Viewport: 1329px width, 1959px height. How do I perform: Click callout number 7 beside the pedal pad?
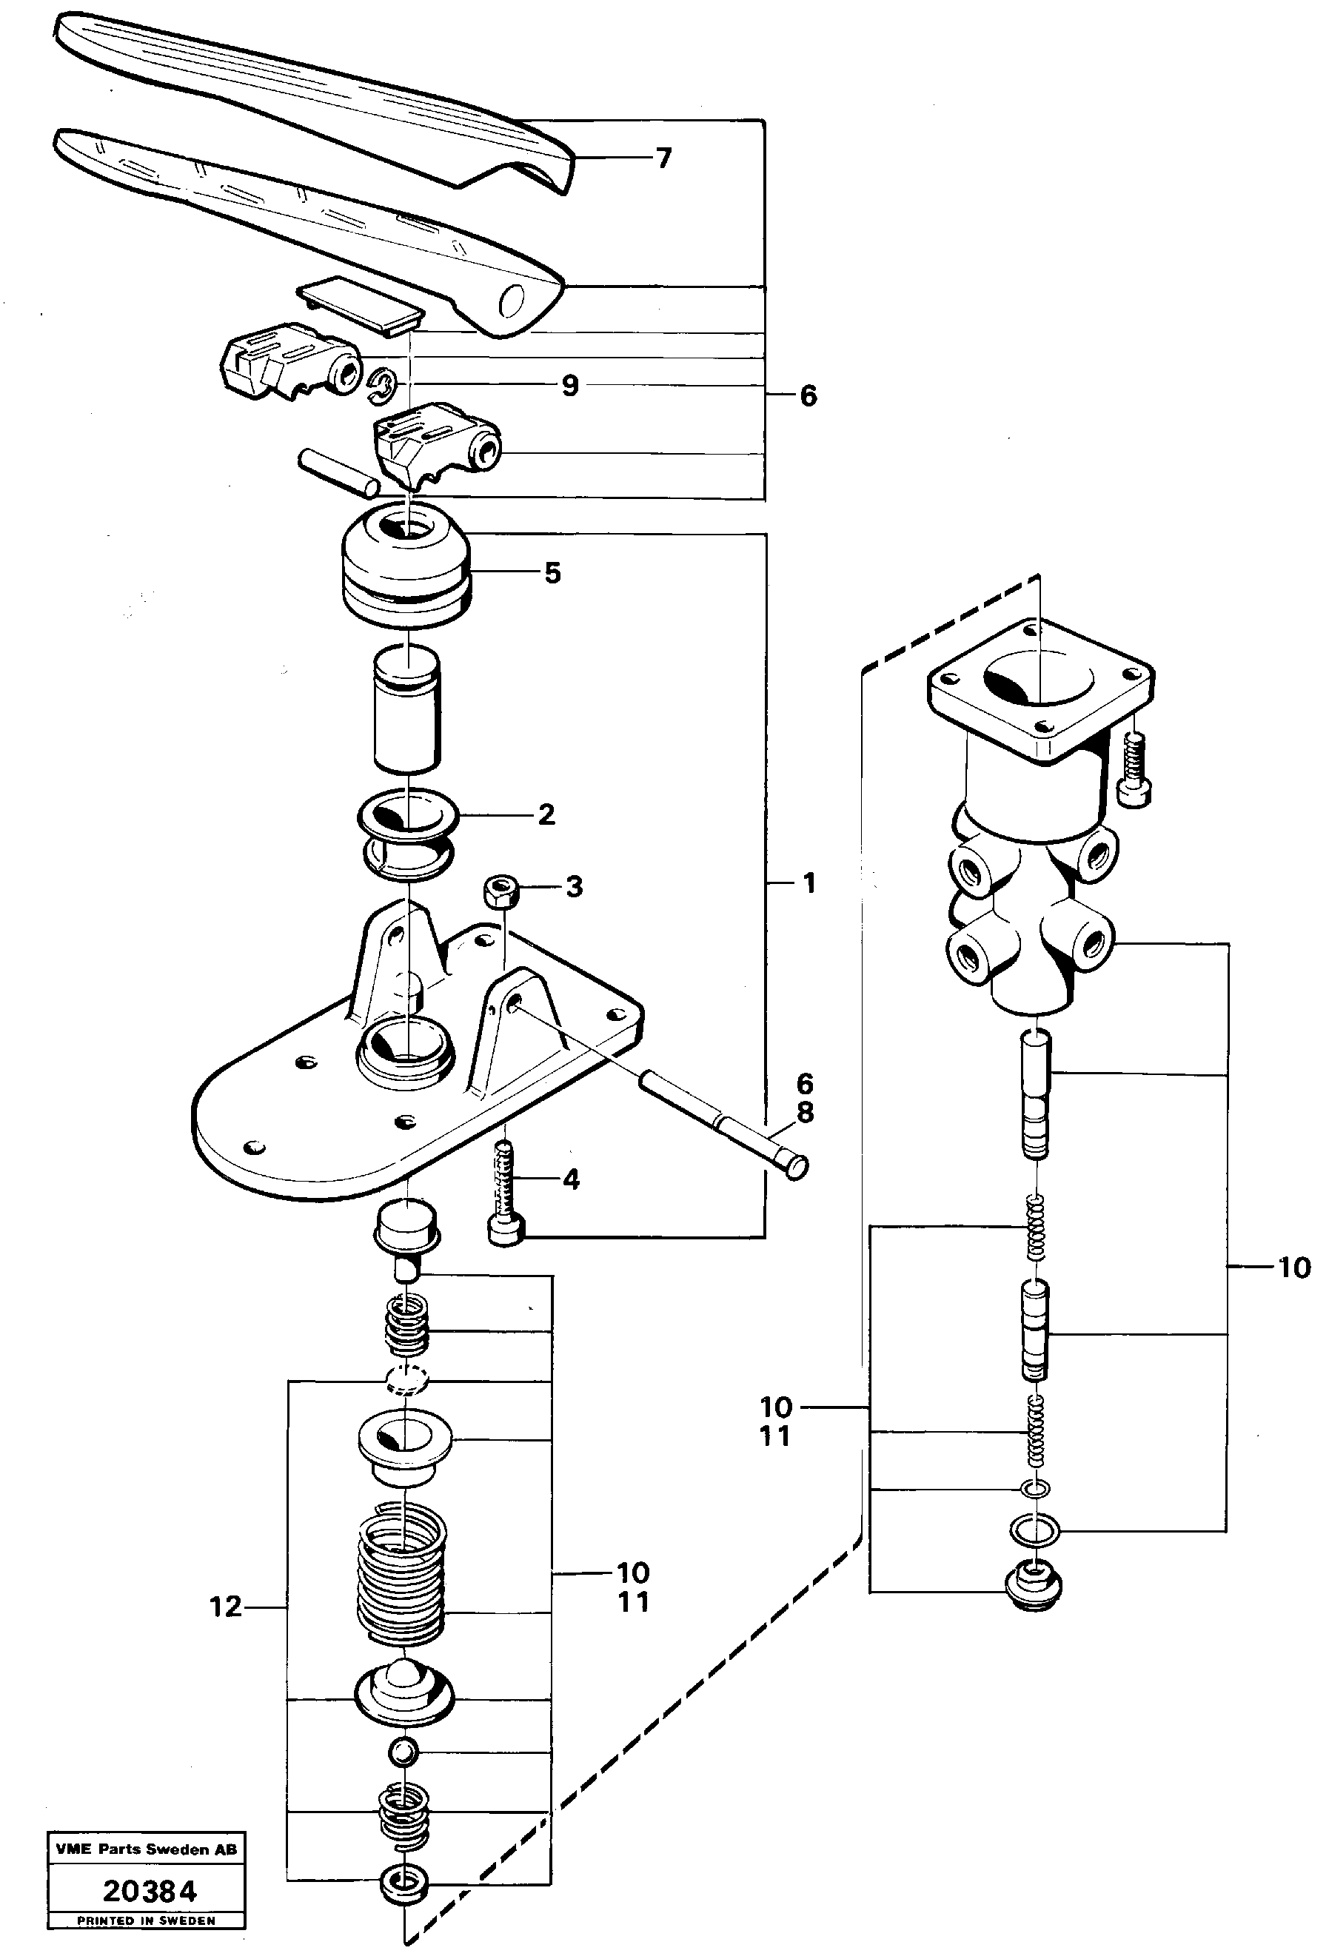tap(663, 158)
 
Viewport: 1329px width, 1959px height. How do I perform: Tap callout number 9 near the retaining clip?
tap(571, 385)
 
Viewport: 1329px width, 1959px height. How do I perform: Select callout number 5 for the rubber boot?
tap(552, 573)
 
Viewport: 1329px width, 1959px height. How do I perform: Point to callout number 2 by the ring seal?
tap(546, 814)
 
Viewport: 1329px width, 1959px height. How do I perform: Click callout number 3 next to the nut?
tap(574, 886)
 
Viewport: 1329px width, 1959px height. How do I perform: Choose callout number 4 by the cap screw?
tap(571, 1179)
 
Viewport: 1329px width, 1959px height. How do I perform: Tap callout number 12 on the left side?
tap(226, 1607)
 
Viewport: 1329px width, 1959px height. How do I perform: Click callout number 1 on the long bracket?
tap(809, 883)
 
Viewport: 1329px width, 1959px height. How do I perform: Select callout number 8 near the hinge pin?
tap(806, 1113)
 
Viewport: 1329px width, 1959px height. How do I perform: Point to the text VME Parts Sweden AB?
tap(147, 1849)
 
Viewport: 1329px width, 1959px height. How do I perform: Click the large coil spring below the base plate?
tap(403, 1575)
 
